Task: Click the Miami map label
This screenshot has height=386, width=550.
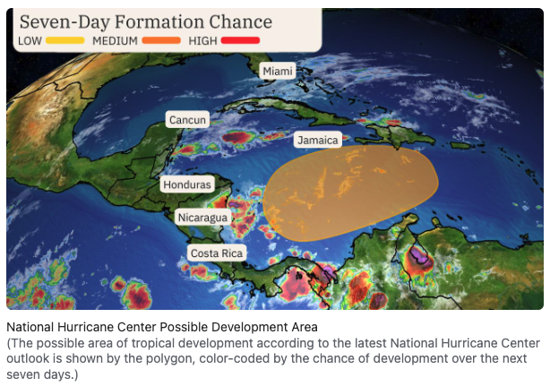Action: pyautogui.click(x=278, y=71)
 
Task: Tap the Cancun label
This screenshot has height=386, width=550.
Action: pyautogui.click(x=187, y=120)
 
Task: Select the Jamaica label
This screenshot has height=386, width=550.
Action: pyautogui.click(x=318, y=141)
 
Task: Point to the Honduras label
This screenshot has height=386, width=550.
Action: pyautogui.click(x=187, y=184)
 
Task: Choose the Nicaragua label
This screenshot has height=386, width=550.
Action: pyautogui.click(x=202, y=218)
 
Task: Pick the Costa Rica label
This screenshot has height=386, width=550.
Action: pyautogui.click(x=217, y=253)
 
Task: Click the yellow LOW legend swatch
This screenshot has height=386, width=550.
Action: pyautogui.click(x=64, y=40)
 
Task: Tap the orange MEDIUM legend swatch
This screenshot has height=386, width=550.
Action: pyautogui.click(x=161, y=40)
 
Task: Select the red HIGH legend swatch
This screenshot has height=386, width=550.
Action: pyautogui.click(x=241, y=40)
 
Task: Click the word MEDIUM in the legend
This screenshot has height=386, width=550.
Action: pyautogui.click(x=115, y=41)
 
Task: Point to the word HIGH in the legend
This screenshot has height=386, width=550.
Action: pyautogui.click(x=202, y=41)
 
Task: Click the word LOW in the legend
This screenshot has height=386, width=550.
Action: pyautogui.click(x=30, y=41)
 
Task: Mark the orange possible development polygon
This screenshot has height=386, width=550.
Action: pyautogui.click(x=351, y=193)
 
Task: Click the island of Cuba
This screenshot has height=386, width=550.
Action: pyautogui.click(x=291, y=108)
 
